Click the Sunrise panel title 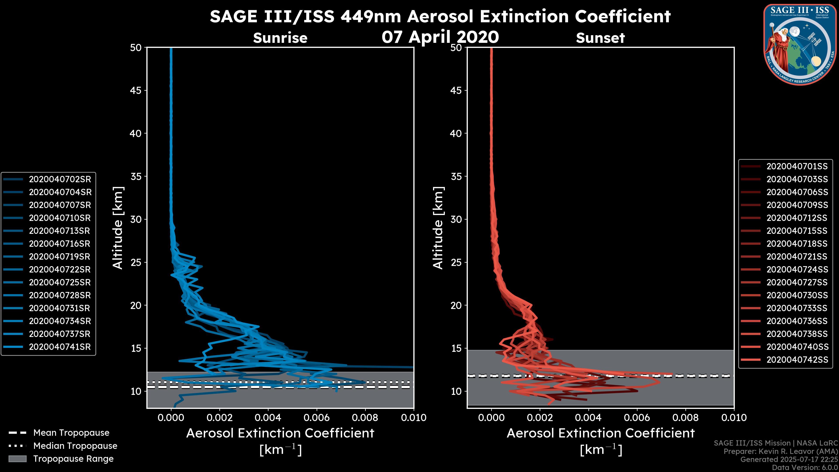tap(280, 38)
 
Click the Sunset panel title tap(600, 38)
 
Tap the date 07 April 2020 tap(440, 37)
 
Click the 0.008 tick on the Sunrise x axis tap(365, 418)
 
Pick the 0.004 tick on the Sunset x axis tap(588, 418)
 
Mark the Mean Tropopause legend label tap(71, 433)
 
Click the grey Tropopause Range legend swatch tap(17, 459)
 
